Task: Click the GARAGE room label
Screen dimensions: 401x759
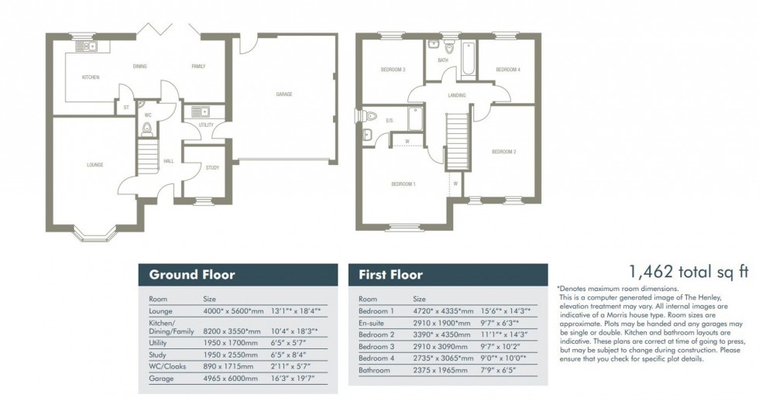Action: [x=284, y=94]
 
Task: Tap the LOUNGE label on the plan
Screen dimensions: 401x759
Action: [x=94, y=164]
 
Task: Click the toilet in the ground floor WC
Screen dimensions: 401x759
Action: [x=147, y=128]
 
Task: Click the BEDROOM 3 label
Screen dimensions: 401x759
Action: [x=393, y=70]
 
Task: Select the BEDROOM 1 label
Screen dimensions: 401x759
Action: [x=403, y=183]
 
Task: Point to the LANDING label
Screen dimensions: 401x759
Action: [x=457, y=96]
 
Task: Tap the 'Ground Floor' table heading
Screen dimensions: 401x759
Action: [x=191, y=275]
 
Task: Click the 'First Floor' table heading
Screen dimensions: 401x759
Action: [x=390, y=275]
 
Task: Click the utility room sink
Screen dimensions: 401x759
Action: [x=197, y=111]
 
